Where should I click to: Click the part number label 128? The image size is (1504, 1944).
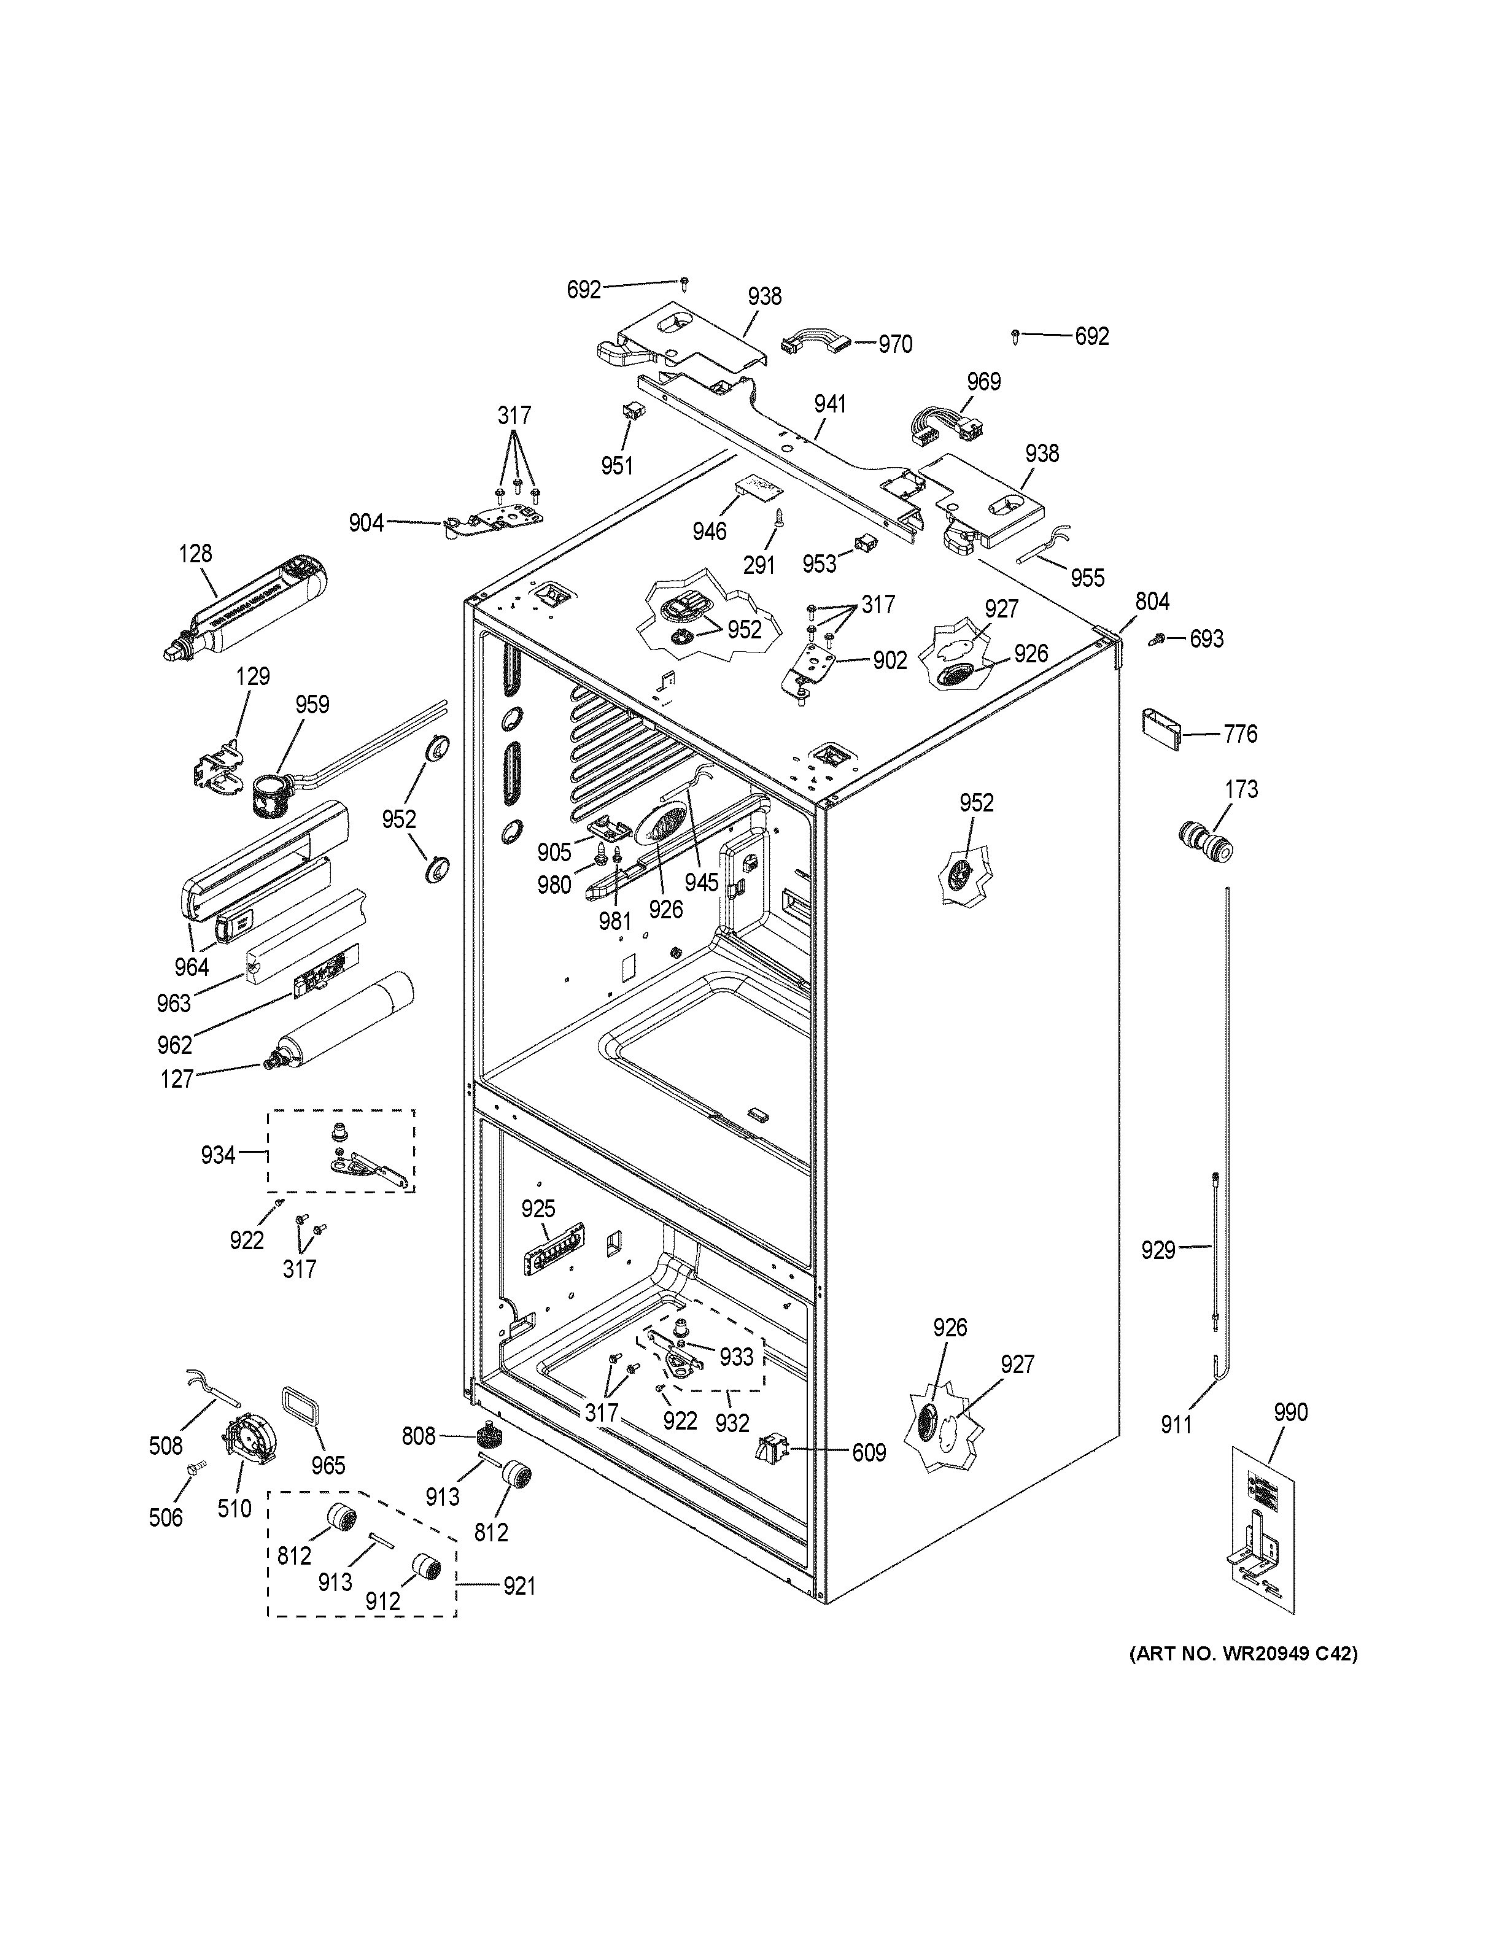pos(195,553)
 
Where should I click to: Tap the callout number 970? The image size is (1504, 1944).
pos(895,344)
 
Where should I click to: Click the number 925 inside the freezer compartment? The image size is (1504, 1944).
pos(538,1209)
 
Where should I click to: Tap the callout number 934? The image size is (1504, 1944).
pos(218,1155)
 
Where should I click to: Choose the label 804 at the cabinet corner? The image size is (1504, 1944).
pos(1152,602)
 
